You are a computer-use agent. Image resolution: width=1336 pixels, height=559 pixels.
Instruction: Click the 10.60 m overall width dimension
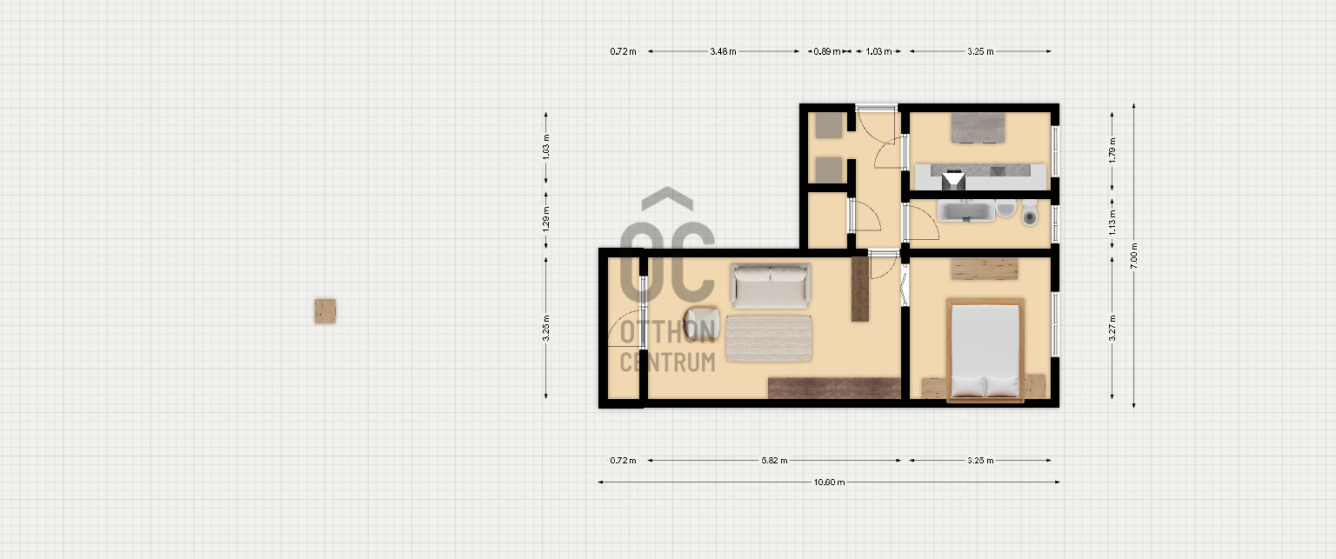[829, 482]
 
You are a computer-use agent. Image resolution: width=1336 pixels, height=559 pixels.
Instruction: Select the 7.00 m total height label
[1134, 256]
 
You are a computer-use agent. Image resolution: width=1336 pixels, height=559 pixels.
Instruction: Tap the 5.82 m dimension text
[774, 460]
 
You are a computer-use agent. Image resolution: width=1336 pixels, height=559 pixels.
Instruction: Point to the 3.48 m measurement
[723, 51]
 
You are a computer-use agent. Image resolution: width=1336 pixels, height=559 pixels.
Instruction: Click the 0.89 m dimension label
[826, 51]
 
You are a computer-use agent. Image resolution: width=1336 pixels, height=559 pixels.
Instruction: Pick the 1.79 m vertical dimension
[1112, 150]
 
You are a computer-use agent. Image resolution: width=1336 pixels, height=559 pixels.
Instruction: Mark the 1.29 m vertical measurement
[545, 219]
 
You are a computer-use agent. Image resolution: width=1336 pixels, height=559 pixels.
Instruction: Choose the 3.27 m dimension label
[1112, 329]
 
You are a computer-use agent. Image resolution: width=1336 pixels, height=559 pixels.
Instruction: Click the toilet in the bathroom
[1030, 214]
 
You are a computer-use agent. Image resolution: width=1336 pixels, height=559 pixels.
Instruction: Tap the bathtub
[966, 211]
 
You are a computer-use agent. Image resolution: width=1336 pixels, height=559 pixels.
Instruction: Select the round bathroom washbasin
[1005, 209]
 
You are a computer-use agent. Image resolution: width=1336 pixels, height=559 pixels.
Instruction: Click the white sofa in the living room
[770, 287]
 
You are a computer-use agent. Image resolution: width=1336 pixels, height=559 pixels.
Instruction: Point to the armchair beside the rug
[702, 323]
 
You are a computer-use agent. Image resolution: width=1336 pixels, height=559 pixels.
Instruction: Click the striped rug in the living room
[768, 338]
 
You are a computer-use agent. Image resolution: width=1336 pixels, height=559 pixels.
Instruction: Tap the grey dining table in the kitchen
[978, 128]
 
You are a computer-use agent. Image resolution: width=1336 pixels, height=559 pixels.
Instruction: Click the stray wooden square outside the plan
[325, 311]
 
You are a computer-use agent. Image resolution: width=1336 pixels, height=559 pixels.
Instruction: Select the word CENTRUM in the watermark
[667, 363]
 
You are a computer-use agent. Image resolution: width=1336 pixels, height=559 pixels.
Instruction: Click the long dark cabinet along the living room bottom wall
[834, 388]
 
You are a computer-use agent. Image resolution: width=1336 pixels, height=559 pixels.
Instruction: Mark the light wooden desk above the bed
[984, 268]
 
